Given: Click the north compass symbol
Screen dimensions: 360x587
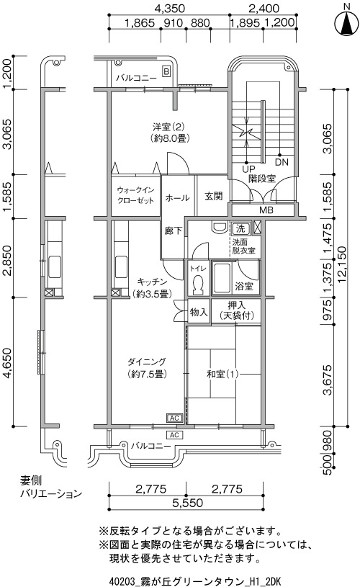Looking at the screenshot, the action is (x=346, y=23).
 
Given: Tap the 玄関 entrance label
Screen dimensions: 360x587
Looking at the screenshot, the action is (x=214, y=196).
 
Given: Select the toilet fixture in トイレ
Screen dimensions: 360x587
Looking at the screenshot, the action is (x=197, y=285).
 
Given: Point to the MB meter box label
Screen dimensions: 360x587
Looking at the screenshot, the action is (x=266, y=210).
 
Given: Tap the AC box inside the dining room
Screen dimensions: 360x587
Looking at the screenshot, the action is (x=174, y=418).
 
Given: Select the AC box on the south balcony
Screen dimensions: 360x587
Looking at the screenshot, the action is (x=174, y=434).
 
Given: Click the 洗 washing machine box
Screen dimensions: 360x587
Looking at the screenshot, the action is (x=240, y=228).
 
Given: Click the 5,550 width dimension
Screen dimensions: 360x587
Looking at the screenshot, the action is (x=187, y=503).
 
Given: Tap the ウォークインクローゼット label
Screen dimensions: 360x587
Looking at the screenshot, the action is (x=135, y=195).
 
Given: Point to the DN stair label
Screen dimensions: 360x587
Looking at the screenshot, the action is (x=282, y=163).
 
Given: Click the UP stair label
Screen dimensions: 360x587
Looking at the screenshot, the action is (x=248, y=169).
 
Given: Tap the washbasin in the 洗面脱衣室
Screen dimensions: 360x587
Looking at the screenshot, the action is (x=218, y=228).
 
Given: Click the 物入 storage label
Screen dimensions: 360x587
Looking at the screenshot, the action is (x=199, y=311).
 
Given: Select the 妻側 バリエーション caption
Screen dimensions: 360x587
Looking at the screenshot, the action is (x=51, y=487).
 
